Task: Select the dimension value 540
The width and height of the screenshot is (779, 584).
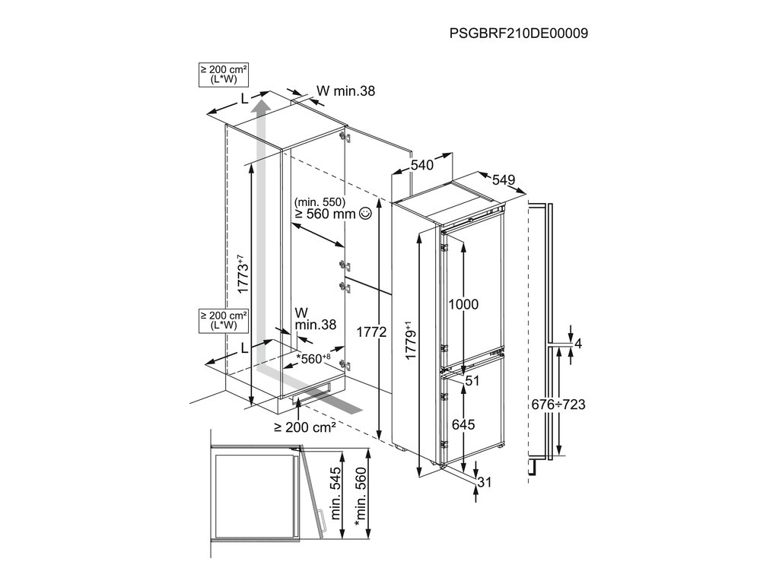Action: coord(422,164)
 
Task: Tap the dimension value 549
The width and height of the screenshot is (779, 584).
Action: coord(504,180)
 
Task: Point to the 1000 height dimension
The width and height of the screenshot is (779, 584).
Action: coord(463,304)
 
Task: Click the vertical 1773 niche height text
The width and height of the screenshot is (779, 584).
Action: coord(242,274)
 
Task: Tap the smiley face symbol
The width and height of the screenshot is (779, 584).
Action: coord(365,214)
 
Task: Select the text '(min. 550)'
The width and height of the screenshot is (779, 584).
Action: coord(320,202)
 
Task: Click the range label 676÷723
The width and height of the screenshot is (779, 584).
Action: coord(558,405)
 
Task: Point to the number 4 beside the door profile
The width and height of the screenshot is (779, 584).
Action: coord(578,344)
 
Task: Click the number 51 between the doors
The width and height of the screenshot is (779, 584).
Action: coord(472,382)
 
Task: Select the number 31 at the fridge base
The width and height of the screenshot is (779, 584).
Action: coord(485,481)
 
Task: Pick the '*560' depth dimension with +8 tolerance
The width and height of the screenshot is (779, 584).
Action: coord(313,357)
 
